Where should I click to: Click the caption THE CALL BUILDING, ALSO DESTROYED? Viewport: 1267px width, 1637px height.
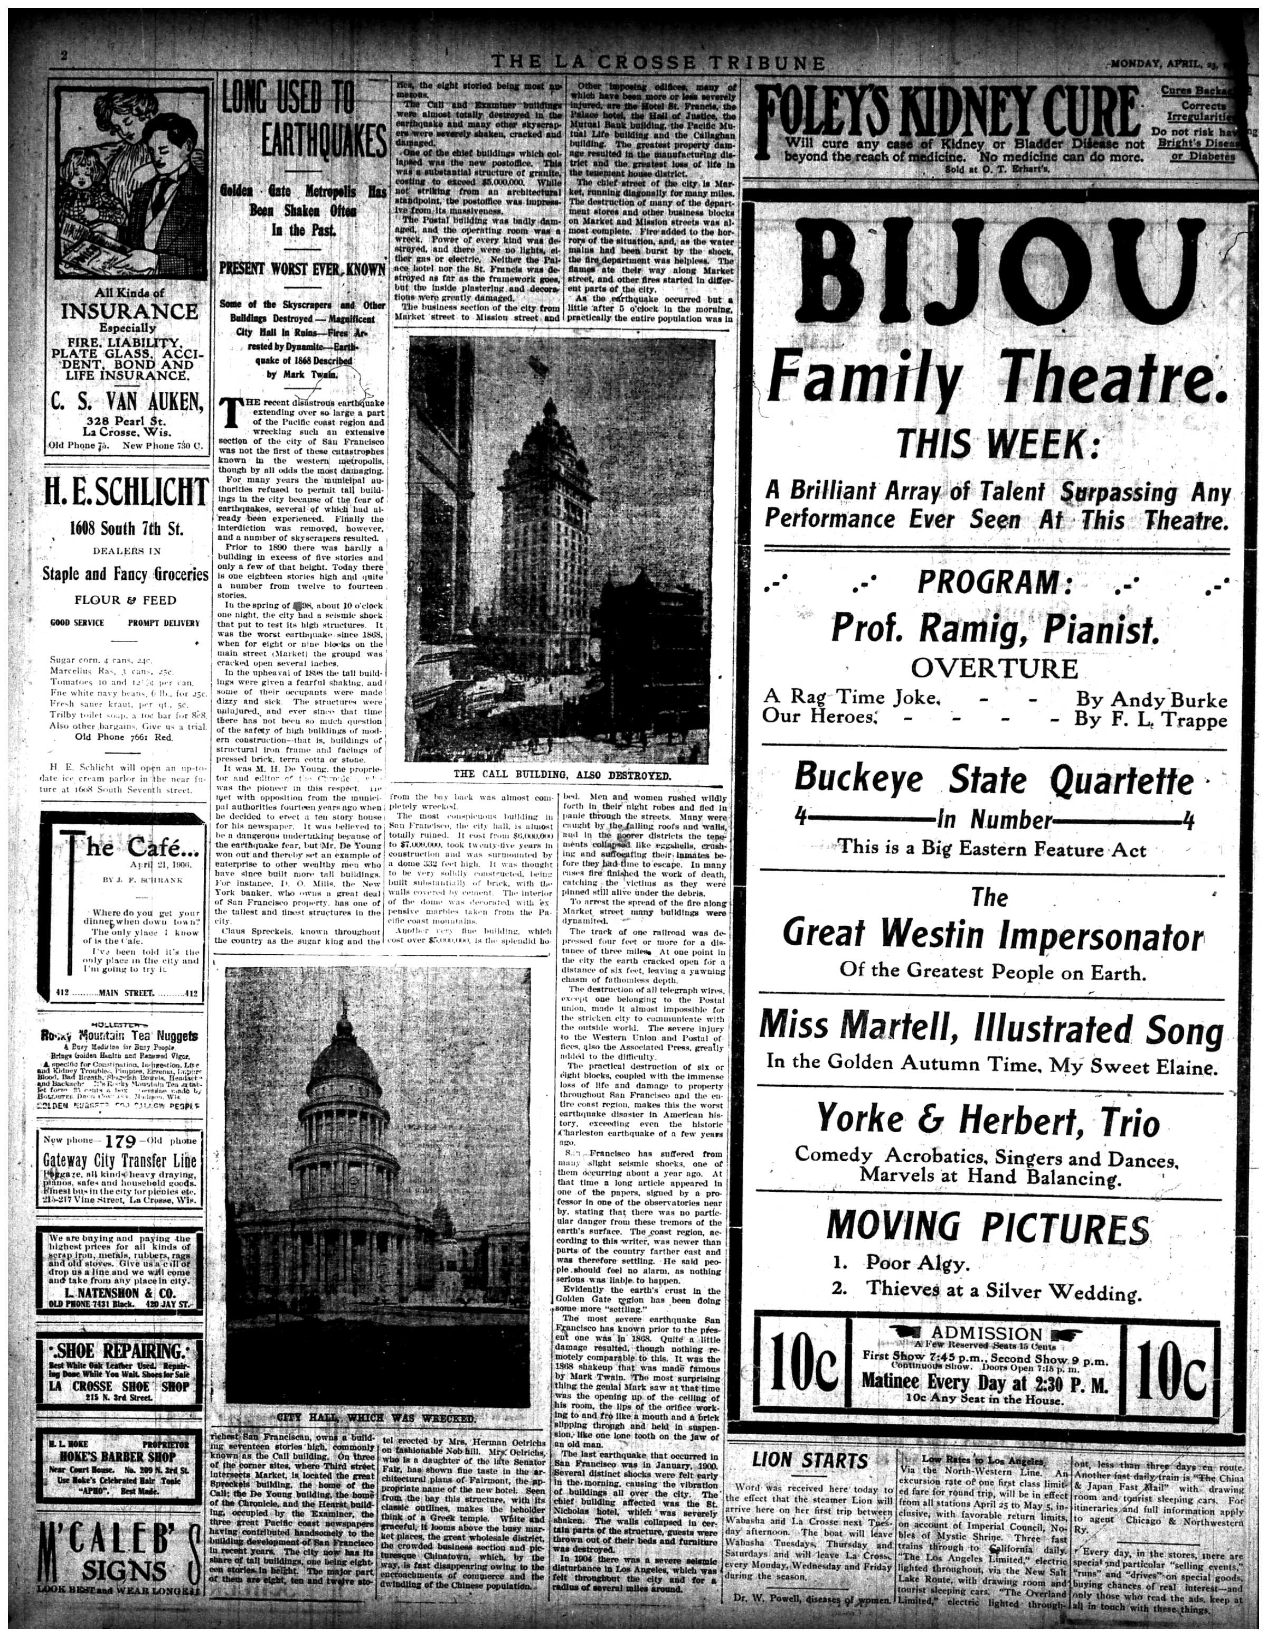coord(561,774)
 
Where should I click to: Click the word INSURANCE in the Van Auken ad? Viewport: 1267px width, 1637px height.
coord(130,311)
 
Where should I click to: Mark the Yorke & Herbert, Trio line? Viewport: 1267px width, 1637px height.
coord(988,1121)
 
